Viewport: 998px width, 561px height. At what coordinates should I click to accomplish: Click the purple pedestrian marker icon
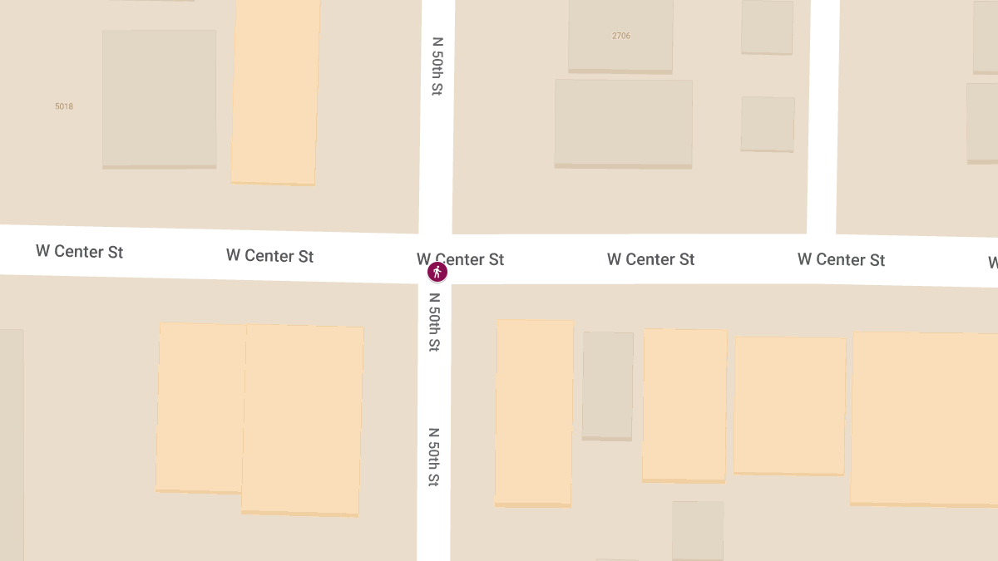coord(437,272)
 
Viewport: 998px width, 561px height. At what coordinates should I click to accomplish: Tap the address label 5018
coord(64,106)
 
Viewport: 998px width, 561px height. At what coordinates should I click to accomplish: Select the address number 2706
coord(621,36)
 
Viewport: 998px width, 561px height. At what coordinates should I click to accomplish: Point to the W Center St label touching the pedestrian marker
coord(460,259)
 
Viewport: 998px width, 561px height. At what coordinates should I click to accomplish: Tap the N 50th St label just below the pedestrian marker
coord(434,322)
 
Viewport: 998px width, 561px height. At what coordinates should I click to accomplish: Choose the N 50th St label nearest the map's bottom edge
coord(433,456)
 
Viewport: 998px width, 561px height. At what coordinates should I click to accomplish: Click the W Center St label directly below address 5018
coord(79,251)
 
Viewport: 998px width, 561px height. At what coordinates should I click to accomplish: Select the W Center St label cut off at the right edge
coord(992,263)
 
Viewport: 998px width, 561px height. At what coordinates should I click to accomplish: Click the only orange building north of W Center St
coord(274,91)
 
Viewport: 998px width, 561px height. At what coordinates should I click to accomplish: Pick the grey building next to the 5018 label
coord(159,99)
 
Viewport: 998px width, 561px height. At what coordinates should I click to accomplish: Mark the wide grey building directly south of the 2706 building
coord(623,123)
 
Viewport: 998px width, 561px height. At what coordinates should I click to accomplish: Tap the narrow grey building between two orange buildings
coord(608,385)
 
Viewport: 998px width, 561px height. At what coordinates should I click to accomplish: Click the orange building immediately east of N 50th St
coord(534,412)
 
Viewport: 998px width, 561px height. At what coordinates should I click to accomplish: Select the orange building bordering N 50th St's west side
coord(302,419)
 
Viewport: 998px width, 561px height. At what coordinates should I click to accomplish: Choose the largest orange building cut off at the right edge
coord(923,418)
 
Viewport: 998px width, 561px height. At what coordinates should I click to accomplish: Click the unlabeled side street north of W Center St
coord(823,116)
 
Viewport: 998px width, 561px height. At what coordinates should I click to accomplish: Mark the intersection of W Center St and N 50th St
coord(435,258)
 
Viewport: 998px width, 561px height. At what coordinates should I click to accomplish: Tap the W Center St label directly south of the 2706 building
coord(650,259)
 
